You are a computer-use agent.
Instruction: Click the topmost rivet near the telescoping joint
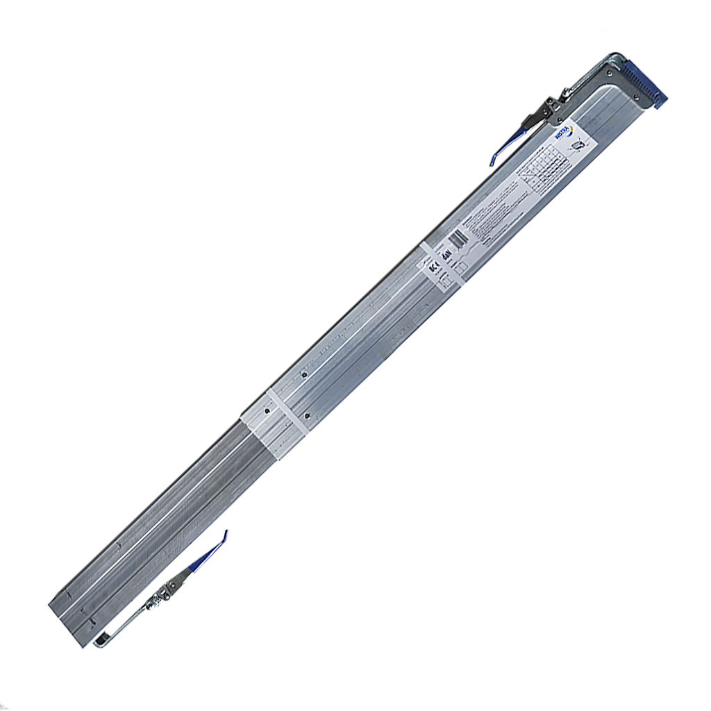click(x=303, y=375)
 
